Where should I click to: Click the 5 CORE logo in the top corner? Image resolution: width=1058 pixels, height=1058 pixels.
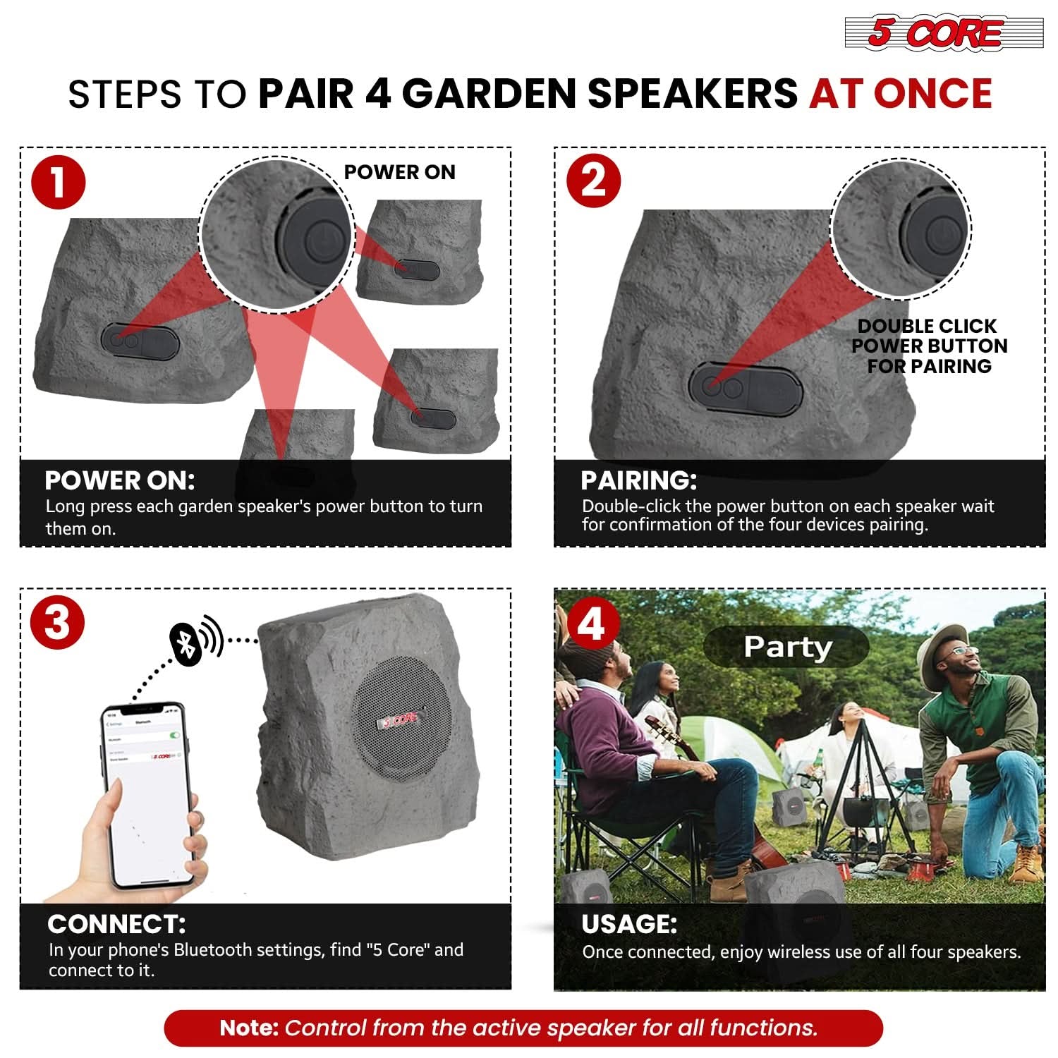[944, 33]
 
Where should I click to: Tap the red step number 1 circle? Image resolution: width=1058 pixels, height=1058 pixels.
[59, 182]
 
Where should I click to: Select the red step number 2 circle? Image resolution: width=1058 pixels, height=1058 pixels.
[594, 181]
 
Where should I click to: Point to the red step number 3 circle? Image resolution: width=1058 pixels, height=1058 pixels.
[58, 623]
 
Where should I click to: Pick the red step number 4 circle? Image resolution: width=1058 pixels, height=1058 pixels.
[592, 623]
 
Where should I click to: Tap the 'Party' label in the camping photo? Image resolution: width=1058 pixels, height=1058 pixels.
[787, 647]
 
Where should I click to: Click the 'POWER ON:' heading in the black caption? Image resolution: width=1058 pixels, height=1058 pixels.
[119, 481]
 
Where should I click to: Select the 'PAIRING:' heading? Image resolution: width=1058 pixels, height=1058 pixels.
[638, 481]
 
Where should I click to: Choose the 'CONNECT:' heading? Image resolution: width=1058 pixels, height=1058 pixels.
[116, 924]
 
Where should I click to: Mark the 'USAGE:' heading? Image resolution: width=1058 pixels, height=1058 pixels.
[629, 924]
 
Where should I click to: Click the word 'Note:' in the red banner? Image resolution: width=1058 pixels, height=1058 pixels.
[249, 1028]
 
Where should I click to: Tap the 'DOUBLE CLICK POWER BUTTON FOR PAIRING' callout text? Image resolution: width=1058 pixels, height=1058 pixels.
[929, 346]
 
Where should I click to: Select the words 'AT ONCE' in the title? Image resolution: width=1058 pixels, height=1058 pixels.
[901, 95]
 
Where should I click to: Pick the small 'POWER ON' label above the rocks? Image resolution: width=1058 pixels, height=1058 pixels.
[399, 172]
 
